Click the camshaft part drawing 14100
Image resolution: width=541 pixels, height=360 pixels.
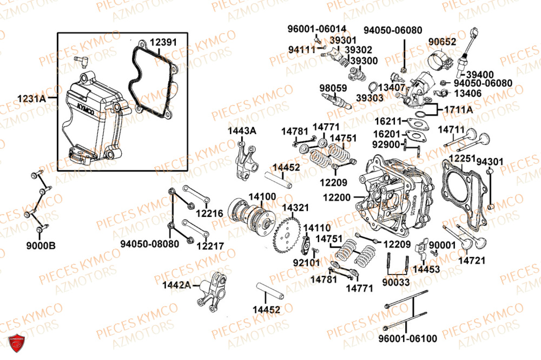click(250, 215)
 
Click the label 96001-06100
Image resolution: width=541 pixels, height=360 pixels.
click(400, 338)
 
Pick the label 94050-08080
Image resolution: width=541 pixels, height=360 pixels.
click(149, 244)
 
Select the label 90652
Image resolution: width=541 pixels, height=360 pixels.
click(443, 42)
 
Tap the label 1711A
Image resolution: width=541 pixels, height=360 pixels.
click(459, 110)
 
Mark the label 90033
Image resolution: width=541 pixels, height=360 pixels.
click(395, 282)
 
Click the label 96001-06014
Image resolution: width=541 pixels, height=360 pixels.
click(317, 29)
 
